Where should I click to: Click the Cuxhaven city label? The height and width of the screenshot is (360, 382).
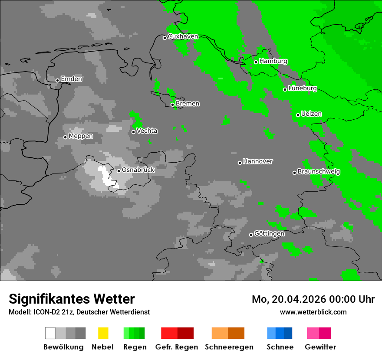point(183,37)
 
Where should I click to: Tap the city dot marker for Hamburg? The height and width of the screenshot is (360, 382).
point(256,62)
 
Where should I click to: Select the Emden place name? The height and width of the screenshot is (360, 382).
point(71,79)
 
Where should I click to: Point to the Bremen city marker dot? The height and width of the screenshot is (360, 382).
point(172,105)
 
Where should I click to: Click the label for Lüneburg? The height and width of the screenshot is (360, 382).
point(302,88)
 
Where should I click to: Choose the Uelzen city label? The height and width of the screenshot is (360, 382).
point(311,114)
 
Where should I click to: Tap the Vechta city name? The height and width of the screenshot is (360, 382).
point(147,131)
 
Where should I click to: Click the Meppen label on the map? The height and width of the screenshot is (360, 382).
point(81,136)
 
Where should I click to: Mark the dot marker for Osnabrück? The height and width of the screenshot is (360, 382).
point(119,171)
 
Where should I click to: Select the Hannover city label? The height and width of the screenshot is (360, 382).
point(257,161)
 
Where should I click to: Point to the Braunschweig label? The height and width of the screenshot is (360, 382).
point(319,172)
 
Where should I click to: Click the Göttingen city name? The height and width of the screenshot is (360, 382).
point(269,234)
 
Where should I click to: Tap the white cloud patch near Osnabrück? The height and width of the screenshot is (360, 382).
point(105,176)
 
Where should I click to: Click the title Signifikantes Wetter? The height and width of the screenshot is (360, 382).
point(72,299)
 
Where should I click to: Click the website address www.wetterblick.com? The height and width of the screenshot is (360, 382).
point(313,312)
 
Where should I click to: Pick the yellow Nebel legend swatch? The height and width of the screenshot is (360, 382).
point(103,333)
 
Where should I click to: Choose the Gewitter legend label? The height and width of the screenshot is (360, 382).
point(320,347)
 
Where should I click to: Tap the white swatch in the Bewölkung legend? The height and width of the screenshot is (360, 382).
point(50,333)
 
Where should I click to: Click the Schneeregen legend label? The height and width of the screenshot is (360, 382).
point(229,347)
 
